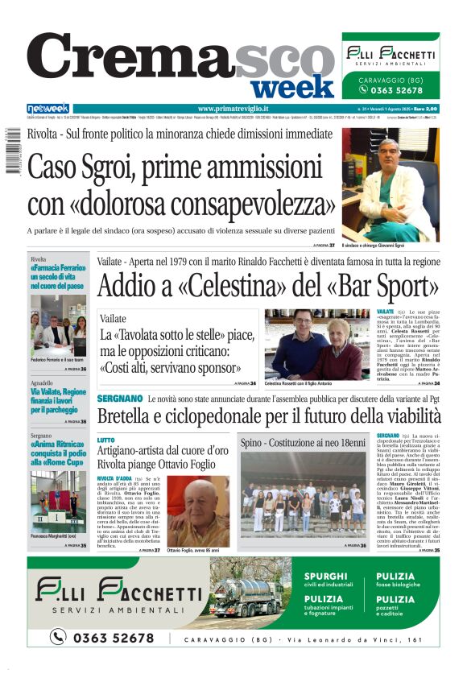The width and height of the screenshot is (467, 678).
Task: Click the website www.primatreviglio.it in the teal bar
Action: click(233, 109)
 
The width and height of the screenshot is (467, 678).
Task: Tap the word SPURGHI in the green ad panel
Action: click(326, 577)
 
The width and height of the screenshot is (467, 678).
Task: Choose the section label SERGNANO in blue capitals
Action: click(120, 399)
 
